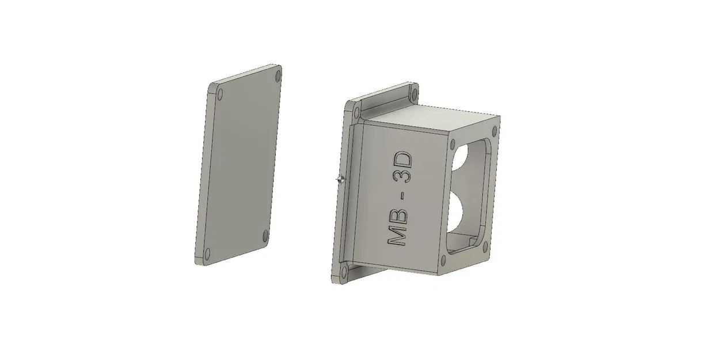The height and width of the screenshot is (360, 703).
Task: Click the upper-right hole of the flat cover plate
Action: click(x=279, y=75)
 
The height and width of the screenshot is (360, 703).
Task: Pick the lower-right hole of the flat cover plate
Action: click(x=265, y=235)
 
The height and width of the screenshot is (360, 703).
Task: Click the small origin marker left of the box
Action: click(x=340, y=180)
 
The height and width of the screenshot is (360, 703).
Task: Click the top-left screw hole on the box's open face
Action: click(x=454, y=144)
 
